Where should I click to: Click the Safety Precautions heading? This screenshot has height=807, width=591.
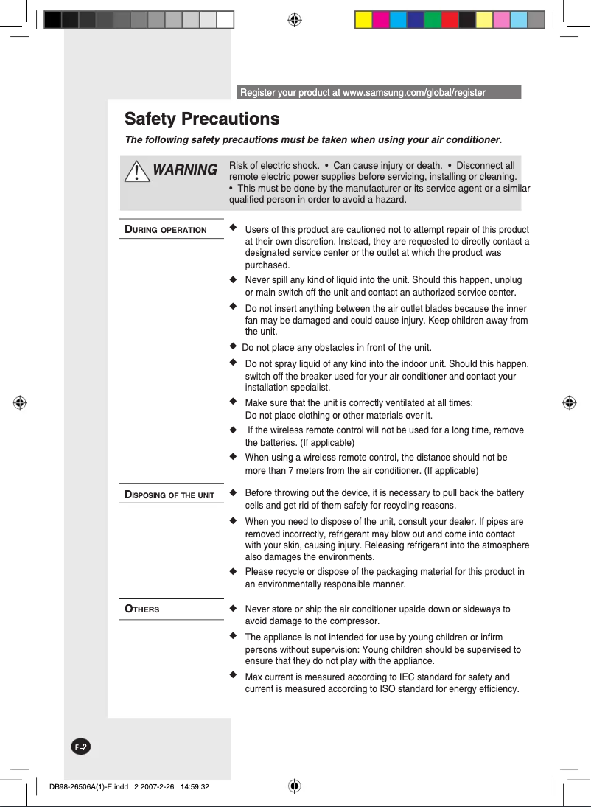[x=202, y=119]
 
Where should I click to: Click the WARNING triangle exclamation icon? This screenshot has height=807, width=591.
[x=137, y=172]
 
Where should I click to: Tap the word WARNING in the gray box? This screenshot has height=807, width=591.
[x=185, y=170]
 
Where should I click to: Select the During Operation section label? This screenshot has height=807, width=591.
[x=166, y=229]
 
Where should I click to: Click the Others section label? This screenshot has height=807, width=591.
[x=142, y=609]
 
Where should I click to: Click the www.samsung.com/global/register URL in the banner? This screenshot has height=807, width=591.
[x=414, y=93]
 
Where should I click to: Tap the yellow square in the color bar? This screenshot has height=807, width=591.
[x=363, y=20]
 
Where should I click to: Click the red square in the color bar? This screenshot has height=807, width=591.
[x=450, y=20]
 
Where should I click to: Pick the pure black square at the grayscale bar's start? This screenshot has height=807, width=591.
[x=52, y=20]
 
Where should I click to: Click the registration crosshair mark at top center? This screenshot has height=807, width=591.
[x=294, y=20]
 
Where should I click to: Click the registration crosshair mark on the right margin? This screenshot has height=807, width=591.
[x=568, y=403]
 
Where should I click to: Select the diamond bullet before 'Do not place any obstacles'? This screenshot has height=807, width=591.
[x=234, y=346]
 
